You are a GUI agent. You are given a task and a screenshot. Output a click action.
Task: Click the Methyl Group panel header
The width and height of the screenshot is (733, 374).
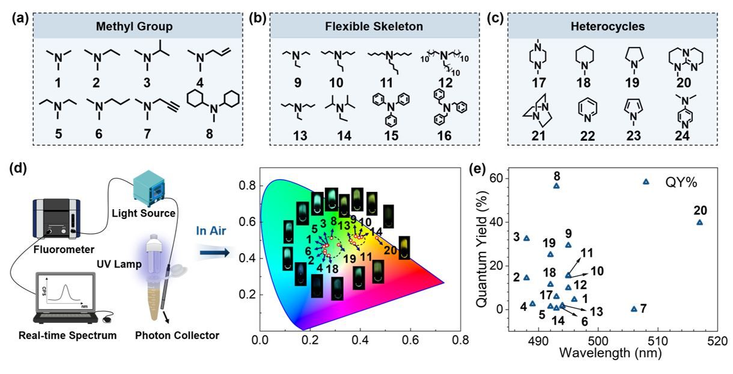coord(135,26)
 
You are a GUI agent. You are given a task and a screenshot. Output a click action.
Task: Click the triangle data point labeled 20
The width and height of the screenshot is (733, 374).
coord(699,222)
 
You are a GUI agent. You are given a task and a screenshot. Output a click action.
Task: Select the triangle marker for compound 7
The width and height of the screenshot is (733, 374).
coord(634,309)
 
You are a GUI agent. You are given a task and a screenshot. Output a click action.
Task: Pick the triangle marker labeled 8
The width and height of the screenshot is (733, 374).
coord(556,186)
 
